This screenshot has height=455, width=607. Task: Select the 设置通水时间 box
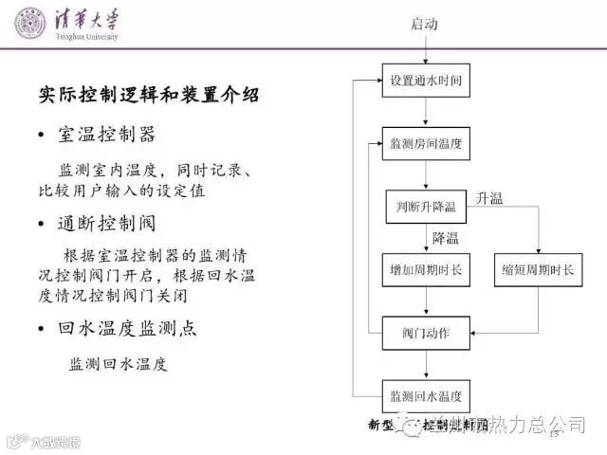pos(426,81)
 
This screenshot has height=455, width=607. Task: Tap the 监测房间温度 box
pos(426,144)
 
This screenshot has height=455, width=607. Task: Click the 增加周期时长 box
pos(426,270)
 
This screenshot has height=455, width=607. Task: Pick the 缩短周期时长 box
pos(538,270)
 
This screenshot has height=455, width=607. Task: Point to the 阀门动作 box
pos(426,334)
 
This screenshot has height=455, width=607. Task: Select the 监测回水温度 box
pos(426,395)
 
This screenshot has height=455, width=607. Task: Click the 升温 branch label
pos(490,198)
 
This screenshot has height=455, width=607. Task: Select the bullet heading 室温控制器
pos(120,135)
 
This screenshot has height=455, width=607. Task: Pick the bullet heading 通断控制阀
pos(120,224)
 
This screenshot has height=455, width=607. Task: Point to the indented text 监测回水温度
pos(118,364)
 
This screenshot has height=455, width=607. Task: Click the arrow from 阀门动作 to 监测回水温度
pos(426,365)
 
